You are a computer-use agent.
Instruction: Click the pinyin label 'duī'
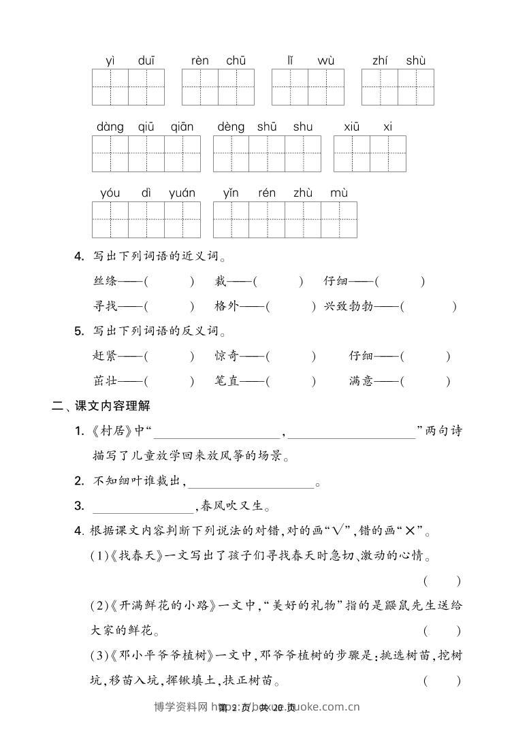(x=146, y=61)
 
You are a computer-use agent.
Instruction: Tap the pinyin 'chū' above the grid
(x=236, y=61)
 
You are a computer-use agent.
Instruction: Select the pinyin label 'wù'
(x=325, y=61)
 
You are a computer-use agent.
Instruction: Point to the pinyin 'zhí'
(x=380, y=61)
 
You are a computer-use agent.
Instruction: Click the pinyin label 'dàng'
(x=110, y=127)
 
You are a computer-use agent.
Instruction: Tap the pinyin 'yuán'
(x=182, y=193)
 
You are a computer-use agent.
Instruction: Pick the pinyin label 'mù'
(x=339, y=193)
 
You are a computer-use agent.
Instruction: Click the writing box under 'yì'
(x=110, y=87)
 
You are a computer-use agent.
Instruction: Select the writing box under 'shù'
(x=416, y=87)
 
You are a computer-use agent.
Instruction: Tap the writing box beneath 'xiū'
(x=352, y=153)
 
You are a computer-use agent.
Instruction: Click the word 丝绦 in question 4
(x=105, y=281)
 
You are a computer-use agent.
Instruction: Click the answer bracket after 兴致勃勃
(x=428, y=307)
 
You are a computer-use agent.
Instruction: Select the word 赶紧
(x=105, y=356)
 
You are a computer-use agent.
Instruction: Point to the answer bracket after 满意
(x=425, y=382)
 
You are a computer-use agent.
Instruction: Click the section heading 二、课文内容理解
(x=101, y=407)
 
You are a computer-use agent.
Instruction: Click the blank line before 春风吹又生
(x=143, y=507)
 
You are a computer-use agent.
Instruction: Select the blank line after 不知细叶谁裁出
(x=250, y=483)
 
